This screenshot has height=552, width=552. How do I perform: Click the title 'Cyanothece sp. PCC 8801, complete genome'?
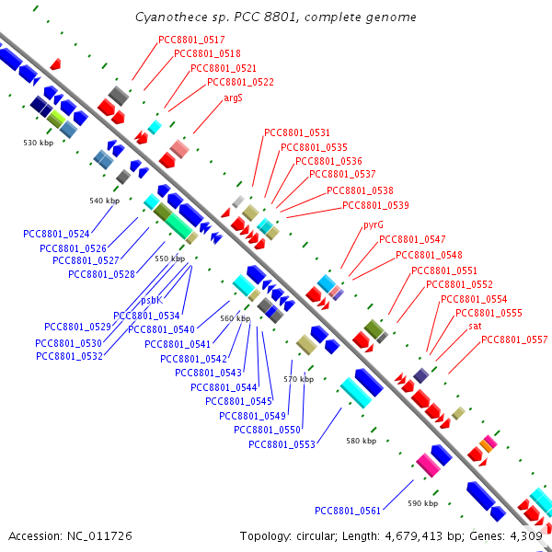click(x=276, y=17)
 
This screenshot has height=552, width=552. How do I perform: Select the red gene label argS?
click(x=233, y=98)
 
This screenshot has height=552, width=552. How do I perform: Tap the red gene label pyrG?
click(x=374, y=225)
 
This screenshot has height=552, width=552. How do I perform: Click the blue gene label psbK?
click(x=152, y=300)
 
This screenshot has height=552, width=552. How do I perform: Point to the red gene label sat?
click(x=475, y=327)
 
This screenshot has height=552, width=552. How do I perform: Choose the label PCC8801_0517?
click(x=191, y=40)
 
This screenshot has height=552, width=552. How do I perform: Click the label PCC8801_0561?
click(x=348, y=511)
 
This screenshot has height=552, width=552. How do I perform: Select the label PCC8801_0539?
click(x=375, y=205)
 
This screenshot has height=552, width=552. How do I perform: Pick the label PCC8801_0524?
click(x=56, y=234)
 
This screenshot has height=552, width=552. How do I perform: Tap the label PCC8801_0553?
click(x=282, y=444)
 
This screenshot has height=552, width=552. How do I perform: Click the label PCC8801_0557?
click(x=514, y=339)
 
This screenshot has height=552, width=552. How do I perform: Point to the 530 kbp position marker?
click(x=39, y=143)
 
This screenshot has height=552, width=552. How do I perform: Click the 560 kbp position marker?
click(x=236, y=318)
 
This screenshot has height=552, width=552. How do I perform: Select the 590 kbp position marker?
click(x=423, y=503)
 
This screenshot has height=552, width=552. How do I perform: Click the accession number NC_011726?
click(x=99, y=536)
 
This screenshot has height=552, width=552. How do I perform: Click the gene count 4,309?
click(x=526, y=536)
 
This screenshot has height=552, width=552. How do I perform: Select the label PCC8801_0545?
click(x=238, y=401)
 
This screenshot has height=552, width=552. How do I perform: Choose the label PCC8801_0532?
click(x=69, y=356)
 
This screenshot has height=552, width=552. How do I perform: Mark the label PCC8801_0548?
click(x=429, y=255)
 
